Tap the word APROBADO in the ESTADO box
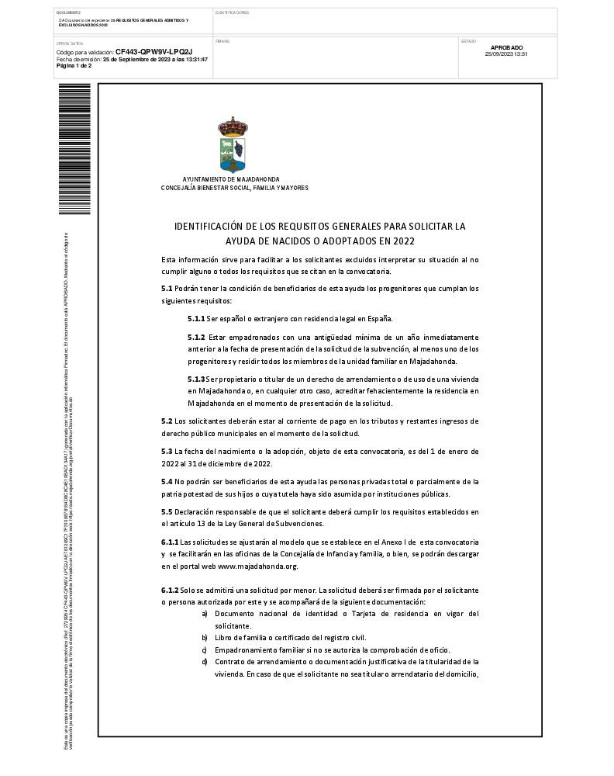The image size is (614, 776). pyautogui.click(x=507, y=48)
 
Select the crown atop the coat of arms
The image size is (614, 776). pyautogui.click(x=233, y=124)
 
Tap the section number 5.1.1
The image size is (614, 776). pyautogui.click(x=195, y=318)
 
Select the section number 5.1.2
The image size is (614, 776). pyautogui.click(x=195, y=338)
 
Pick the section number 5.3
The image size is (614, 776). pyautogui.click(x=167, y=452)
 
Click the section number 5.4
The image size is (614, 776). pyautogui.click(x=167, y=482)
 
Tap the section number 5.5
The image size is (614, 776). pyautogui.click(x=167, y=512)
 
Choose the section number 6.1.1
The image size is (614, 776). pyautogui.click(x=170, y=542)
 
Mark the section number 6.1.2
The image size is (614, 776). pyautogui.click(x=170, y=591)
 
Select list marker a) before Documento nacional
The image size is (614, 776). pyautogui.click(x=204, y=614)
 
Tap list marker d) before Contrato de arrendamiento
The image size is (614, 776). pyautogui.click(x=204, y=661)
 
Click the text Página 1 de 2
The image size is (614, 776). pyautogui.click(x=74, y=66)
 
